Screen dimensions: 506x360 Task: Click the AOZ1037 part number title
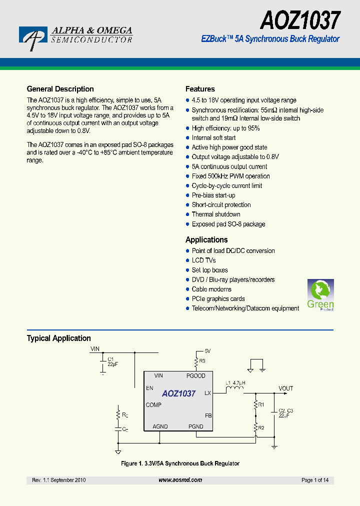(300, 20)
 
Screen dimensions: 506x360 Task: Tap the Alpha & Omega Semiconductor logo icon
(33, 38)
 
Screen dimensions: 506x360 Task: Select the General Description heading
(60, 89)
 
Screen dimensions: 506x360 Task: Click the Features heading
(200, 89)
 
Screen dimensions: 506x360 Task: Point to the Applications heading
(206, 239)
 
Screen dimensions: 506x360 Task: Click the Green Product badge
(320, 295)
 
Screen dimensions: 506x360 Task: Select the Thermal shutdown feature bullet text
(216, 214)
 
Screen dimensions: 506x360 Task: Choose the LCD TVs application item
(203, 260)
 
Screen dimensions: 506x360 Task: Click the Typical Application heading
(58, 338)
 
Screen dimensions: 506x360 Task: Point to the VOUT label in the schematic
(286, 388)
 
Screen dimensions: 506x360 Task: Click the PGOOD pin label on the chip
(196, 376)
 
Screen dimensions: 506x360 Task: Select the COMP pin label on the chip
(153, 405)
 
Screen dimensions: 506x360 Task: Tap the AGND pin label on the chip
(160, 426)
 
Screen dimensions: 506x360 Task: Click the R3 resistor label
(202, 360)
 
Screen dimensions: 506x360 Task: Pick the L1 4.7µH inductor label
(235, 383)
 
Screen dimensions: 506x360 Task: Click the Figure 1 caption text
(180, 463)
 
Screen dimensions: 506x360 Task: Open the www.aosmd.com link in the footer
(180, 480)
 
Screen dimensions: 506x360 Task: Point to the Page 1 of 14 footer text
(315, 480)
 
